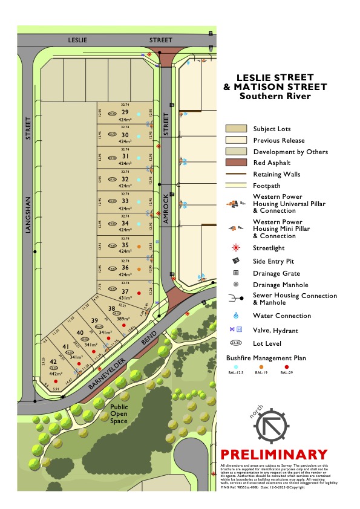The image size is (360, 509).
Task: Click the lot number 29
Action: pos(125,112)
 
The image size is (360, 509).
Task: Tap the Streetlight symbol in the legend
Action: pos(237,248)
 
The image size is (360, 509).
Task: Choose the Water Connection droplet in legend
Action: pos(237,316)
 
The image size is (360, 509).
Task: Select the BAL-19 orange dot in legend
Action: pos(261,366)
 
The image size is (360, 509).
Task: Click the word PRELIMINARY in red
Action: pos(274,455)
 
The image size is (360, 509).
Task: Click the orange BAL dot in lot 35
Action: pos(139,247)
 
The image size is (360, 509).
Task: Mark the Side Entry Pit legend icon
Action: pos(237,261)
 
